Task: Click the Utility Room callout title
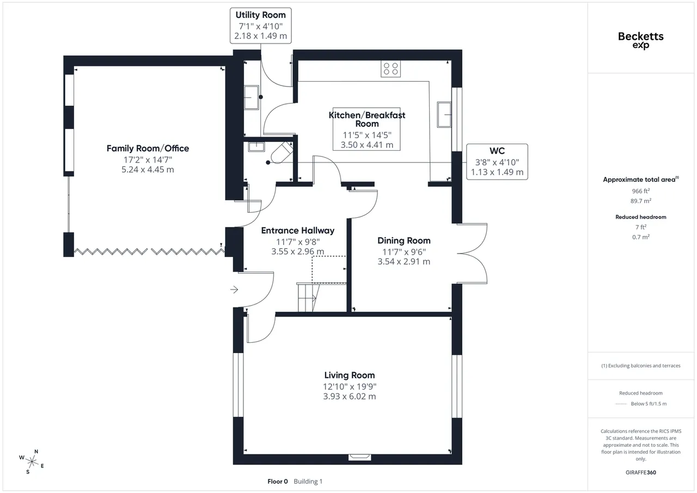[260, 15]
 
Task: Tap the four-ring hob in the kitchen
[390, 69]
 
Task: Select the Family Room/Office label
[148, 148]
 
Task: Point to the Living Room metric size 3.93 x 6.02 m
[350, 396]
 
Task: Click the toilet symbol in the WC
[282, 152]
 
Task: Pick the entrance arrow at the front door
[234, 289]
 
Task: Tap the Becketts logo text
[641, 36]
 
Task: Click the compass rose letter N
[36, 451]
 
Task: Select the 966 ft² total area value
[641, 191]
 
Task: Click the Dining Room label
[404, 241]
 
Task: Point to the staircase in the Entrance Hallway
[308, 297]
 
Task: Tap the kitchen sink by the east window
[444, 115]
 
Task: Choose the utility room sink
[251, 97]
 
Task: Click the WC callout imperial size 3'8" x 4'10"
[497, 162]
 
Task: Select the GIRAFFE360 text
[641, 472]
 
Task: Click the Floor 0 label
[278, 482]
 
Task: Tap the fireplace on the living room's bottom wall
[360, 457]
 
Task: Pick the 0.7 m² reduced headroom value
[641, 237]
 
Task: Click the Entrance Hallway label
[298, 231]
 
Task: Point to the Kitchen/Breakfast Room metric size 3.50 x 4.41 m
[367, 145]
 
